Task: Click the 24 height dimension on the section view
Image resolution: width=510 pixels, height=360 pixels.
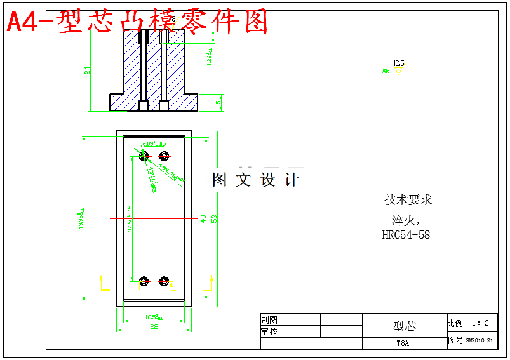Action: tap(88, 70)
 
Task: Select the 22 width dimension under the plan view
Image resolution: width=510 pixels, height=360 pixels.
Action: tap(153, 326)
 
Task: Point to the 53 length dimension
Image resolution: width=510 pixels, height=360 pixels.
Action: tap(215, 218)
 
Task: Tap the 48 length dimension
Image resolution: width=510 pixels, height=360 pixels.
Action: tap(203, 218)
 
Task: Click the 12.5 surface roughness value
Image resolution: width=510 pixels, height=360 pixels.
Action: tap(398, 63)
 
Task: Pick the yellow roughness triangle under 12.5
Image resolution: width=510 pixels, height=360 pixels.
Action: tap(398, 71)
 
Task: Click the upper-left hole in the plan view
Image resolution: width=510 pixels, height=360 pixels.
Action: tap(144, 156)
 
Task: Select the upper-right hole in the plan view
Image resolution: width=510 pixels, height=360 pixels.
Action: tap(164, 156)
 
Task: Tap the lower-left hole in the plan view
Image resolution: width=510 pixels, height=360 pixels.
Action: tap(144, 281)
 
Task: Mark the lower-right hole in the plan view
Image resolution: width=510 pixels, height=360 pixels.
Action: tap(164, 281)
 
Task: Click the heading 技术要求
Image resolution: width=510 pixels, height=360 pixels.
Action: tap(408, 200)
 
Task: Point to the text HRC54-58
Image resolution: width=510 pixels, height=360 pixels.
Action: tap(406, 235)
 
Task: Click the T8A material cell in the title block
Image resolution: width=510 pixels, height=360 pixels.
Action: tap(403, 343)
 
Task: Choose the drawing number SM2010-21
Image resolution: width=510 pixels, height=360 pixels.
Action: tap(480, 340)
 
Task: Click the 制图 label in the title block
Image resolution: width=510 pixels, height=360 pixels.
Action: tap(269, 320)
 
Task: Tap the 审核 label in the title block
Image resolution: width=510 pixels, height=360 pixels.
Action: tap(269, 331)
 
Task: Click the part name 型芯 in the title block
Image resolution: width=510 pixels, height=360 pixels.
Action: tap(404, 326)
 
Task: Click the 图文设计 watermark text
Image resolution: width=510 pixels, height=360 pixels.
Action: tap(255, 180)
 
